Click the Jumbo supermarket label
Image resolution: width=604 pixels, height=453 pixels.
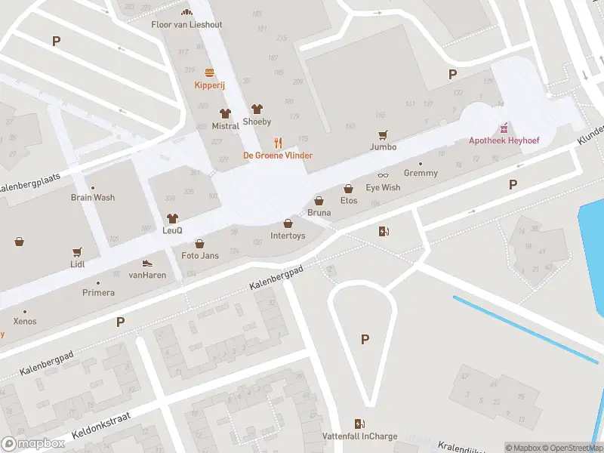384,147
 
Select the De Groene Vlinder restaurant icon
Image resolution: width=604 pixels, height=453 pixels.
278,142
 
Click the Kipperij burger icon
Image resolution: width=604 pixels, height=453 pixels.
210,73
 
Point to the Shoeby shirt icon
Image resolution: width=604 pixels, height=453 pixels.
257,109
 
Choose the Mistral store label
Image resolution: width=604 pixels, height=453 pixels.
225,126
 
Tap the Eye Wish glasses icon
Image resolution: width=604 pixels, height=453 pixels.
383,175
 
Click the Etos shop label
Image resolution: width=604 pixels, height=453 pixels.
349,200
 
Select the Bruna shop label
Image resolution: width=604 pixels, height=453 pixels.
319,213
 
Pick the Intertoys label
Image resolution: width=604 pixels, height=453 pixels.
288,236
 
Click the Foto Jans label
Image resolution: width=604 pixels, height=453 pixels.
200,255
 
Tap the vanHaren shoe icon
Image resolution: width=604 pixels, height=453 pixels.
147,263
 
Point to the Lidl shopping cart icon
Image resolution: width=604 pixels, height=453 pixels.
76,251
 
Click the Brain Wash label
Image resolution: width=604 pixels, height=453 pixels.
93,198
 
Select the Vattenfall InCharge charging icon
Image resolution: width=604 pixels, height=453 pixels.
360,424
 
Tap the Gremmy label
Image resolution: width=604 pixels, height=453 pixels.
421,173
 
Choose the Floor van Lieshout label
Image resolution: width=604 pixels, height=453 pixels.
187,24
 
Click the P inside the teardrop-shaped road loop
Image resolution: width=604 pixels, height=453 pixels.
365,340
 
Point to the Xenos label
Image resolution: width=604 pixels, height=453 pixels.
24,322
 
